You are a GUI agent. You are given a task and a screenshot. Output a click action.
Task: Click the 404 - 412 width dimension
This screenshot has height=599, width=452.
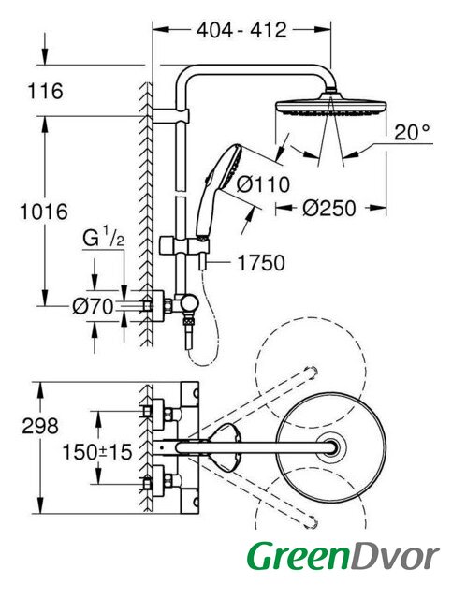pyautogui.click(x=241, y=30)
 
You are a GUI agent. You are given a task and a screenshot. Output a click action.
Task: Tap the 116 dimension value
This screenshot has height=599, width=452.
pyautogui.click(x=46, y=92)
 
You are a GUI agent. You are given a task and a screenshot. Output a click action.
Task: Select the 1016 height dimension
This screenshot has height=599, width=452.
pyautogui.click(x=44, y=212)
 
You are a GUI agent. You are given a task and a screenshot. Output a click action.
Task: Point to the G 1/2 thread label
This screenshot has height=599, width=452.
pyautogui.click(x=103, y=240)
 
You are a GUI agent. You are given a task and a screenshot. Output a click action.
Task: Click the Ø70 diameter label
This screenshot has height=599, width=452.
pyautogui.click(x=93, y=306)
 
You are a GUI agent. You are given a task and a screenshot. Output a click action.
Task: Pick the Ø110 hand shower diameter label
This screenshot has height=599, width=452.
pyautogui.click(x=263, y=184)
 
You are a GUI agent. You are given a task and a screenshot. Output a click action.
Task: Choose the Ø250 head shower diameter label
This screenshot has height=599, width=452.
pyautogui.click(x=329, y=208)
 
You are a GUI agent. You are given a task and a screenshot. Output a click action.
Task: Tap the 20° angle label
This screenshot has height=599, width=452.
pyautogui.click(x=412, y=133)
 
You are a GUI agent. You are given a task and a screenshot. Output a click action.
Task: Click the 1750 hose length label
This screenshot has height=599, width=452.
pyautogui.click(x=261, y=263)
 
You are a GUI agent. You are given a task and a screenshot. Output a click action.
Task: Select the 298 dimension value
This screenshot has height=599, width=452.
pyautogui.click(x=40, y=426)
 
